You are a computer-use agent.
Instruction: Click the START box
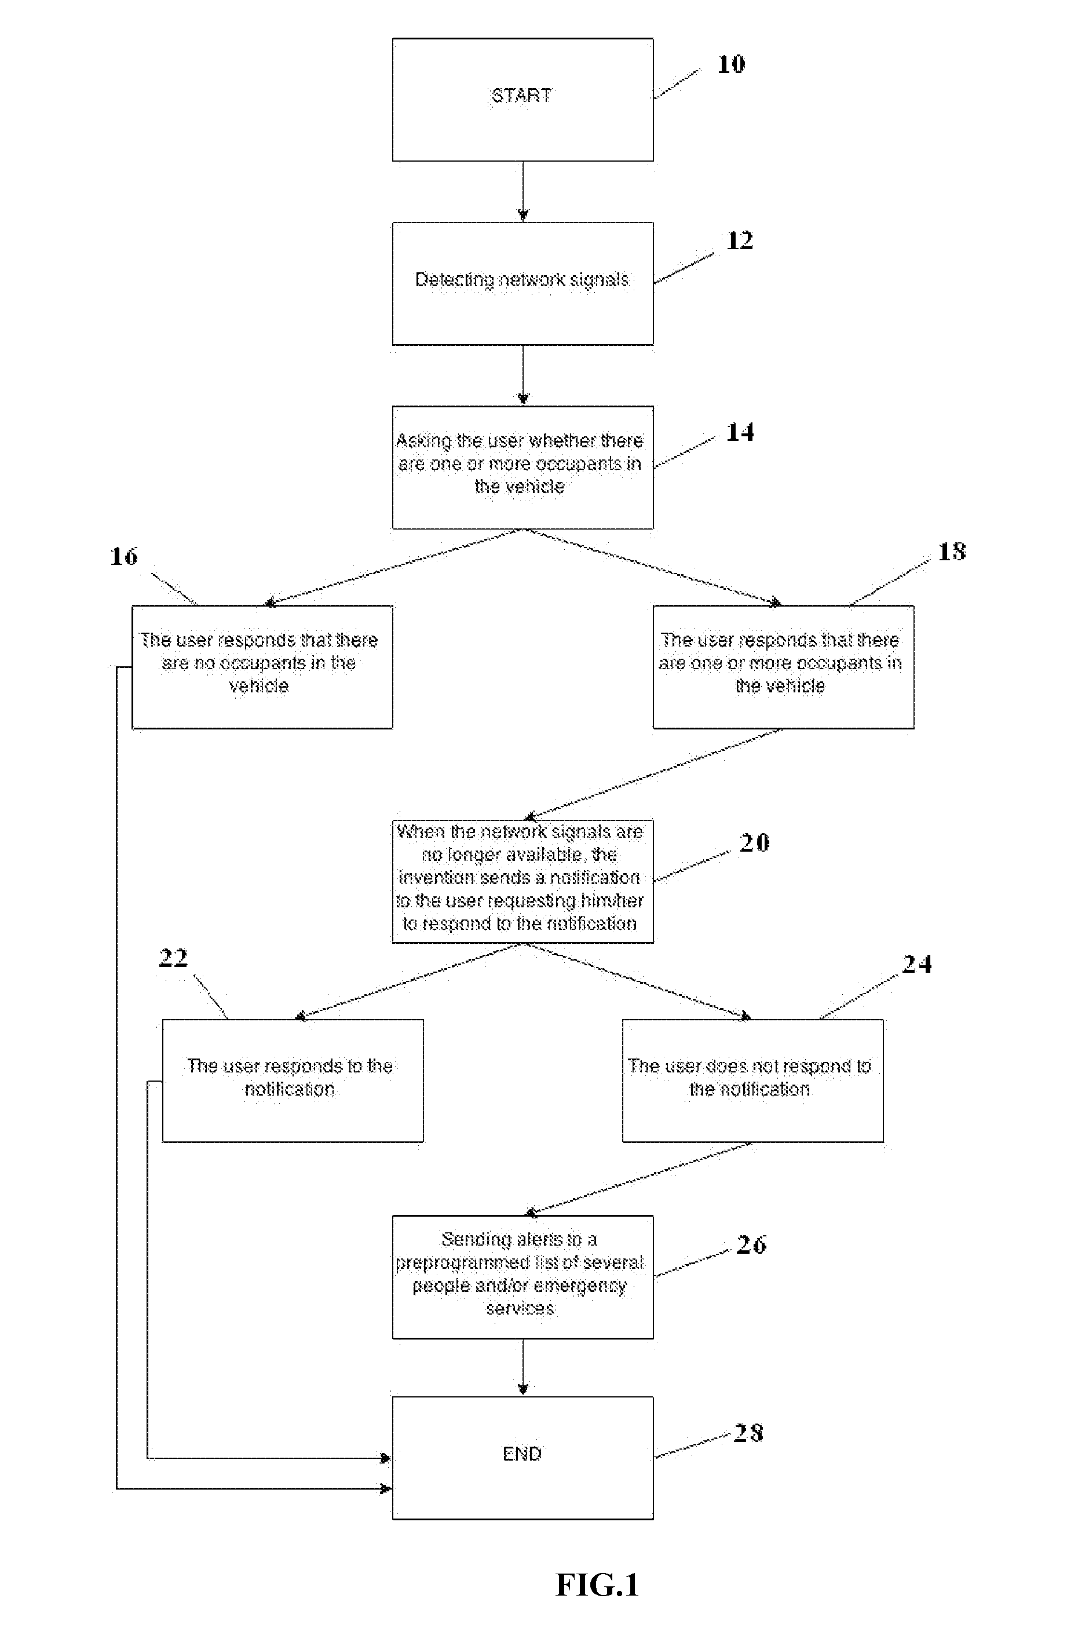(x=522, y=100)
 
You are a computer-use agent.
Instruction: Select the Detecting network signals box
(x=522, y=283)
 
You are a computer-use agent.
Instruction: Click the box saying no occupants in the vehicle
(x=262, y=667)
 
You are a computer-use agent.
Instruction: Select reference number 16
(x=124, y=556)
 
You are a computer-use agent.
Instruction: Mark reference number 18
(x=952, y=552)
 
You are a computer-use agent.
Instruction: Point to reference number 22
(x=173, y=958)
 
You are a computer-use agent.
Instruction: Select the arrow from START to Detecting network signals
(x=522, y=191)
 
